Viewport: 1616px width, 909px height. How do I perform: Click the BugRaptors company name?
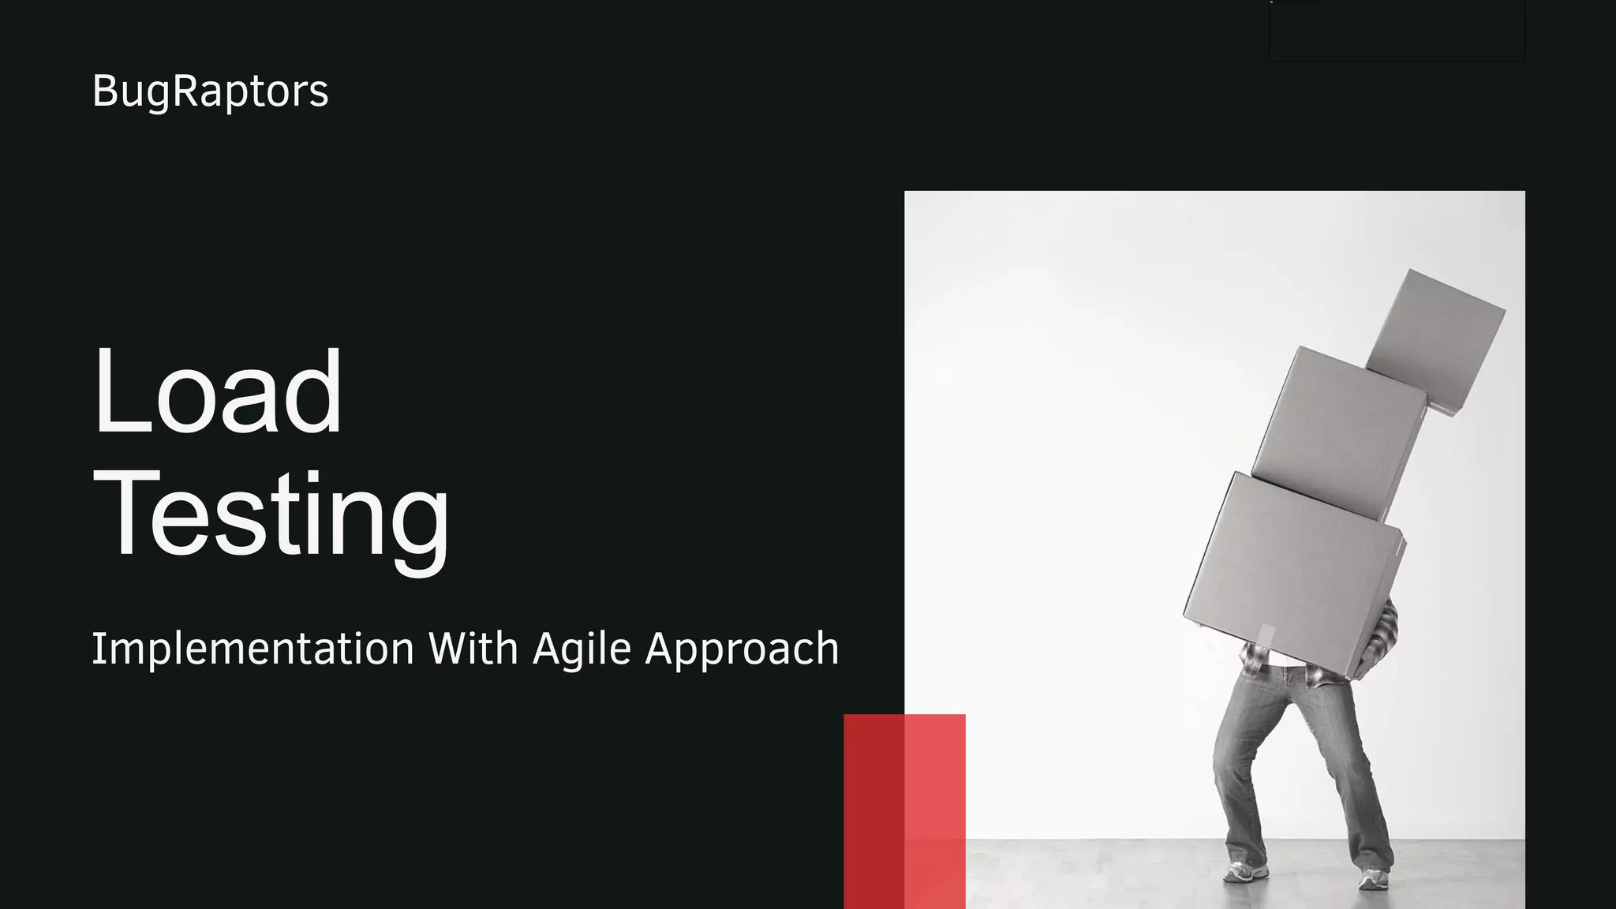pos(210,92)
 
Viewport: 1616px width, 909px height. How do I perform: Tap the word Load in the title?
pos(218,391)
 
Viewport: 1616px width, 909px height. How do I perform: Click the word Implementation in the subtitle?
pos(253,649)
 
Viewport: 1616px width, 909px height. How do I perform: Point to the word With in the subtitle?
pos(473,649)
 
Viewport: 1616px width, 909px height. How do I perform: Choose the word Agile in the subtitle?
pos(582,650)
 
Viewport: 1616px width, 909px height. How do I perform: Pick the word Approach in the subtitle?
pos(742,649)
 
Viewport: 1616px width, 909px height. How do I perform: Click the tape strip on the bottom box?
pos(1266,636)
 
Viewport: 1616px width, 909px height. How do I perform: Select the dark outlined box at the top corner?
pos(1397,32)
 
